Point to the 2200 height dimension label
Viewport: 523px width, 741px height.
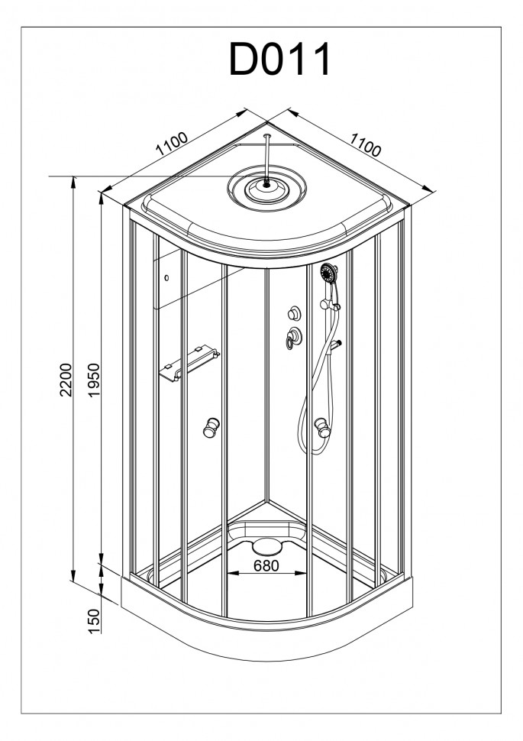[66, 380]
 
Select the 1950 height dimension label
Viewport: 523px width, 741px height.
[95, 380]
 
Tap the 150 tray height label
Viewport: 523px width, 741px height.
[95, 621]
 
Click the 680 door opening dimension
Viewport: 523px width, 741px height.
[266, 565]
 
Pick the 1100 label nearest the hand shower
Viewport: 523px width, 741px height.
[365, 144]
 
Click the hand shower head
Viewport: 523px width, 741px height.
[329, 273]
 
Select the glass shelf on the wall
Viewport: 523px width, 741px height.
[190, 364]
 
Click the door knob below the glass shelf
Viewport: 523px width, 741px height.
[211, 427]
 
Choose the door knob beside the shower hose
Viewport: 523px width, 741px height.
[323, 427]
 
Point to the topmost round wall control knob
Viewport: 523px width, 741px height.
[294, 313]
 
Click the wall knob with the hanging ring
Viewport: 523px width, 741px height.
[294, 336]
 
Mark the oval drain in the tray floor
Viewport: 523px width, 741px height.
[267, 546]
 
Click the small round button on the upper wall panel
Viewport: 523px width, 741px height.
[166, 278]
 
